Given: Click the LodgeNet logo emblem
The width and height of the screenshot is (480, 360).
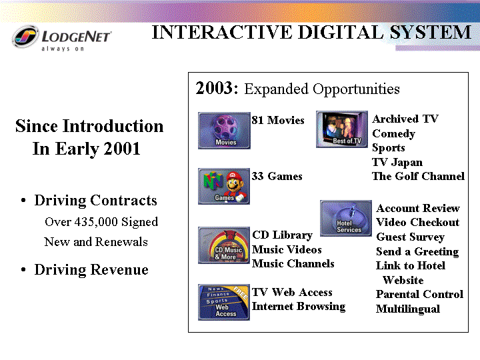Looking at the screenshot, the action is (x=25, y=37).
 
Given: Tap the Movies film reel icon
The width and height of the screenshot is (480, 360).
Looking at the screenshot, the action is (x=224, y=131).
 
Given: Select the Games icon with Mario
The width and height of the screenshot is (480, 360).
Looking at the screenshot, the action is (x=224, y=186).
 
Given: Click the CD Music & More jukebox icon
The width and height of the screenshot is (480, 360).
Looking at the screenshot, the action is (x=224, y=245).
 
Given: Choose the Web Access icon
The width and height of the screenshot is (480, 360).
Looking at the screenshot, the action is (x=224, y=302).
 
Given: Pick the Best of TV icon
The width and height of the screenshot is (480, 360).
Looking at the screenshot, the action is (x=342, y=129).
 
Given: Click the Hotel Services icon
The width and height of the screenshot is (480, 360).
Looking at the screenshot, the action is (x=346, y=218).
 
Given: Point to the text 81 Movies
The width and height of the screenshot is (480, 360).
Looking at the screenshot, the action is (x=278, y=120).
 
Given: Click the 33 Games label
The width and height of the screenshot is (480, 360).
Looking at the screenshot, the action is (x=277, y=176).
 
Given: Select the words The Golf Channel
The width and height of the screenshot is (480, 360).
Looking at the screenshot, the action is (x=418, y=176).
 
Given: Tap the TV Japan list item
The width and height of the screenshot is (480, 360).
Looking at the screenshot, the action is (x=397, y=162).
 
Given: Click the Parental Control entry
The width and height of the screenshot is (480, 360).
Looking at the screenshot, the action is (x=419, y=294).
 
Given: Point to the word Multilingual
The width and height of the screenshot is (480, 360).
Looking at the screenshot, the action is (x=408, y=309).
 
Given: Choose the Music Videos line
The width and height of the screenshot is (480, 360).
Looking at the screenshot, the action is (x=287, y=249).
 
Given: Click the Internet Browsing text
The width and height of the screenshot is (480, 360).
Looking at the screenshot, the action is (x=299, y=307).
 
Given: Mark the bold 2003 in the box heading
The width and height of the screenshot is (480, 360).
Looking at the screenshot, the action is (x=214, y=88).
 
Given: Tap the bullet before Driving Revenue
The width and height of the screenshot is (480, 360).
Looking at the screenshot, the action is (x=23, y=270).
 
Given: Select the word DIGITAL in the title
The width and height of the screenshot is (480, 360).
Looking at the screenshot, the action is (x=341, y=33).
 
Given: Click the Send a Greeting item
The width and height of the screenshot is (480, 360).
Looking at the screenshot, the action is (x=417, y=251).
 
